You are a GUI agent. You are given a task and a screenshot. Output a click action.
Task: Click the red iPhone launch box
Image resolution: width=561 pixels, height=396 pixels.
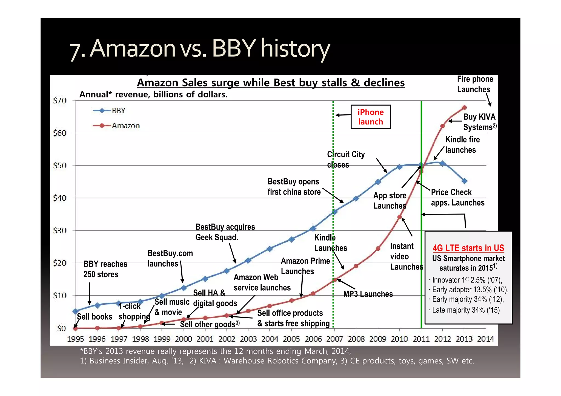pyautogui.click(x=371, y=117)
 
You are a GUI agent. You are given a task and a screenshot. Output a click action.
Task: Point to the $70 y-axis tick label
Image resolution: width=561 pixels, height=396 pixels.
pyautogui.click(x=60, y=101)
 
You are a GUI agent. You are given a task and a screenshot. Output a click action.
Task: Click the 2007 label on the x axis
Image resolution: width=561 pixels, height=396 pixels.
pyautogui.click(x=334, y=339)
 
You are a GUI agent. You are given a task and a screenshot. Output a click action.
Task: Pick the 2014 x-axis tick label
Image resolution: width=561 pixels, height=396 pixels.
pyautogui.click(x=486, y=339)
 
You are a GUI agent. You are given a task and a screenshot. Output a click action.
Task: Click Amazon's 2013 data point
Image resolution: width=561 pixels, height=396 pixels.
pyautogui.click(x=464, y=108)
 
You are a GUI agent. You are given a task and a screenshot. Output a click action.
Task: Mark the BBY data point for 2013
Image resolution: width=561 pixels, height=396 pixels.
pyautogui.click(x=464, y=181)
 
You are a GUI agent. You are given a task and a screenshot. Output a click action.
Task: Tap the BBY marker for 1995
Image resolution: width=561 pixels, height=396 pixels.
pyautogui.click(x=75, y=311)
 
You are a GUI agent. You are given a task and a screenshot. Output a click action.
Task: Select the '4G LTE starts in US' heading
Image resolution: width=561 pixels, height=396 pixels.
pyautogui.click(x=468, y=248)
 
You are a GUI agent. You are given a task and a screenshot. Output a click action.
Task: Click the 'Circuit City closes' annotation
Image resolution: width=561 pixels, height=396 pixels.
pyautogui.click(x=346, y=160)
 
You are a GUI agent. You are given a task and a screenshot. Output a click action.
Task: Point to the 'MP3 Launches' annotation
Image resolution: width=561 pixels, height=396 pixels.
pyautogui.click(x=368, y=294)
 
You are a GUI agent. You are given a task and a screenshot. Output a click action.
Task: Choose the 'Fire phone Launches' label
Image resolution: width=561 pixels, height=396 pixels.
pyautogui.click(x=475, y=84)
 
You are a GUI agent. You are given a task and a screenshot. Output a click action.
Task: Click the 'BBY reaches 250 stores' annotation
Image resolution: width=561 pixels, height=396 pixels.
pyautogui.click(x=105, y=269)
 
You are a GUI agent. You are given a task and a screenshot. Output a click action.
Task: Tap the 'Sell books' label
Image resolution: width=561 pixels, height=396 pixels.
pyautogui.click(x=95, y=317)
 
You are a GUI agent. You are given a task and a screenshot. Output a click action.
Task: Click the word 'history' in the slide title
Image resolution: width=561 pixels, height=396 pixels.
pyautogui.click(x=295, y=49)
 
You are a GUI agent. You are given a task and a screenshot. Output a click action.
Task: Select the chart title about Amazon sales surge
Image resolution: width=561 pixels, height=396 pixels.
pyautogui.click(x=271, y=83)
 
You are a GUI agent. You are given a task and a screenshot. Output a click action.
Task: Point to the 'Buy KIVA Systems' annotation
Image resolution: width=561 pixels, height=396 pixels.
pyautogui.click(x=479, y=122)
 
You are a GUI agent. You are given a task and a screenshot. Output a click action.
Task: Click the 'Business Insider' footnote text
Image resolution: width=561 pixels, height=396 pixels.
pyautogui.click(x=132, y=361)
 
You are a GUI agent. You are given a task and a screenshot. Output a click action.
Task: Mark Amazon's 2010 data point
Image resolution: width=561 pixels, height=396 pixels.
pyautogui.click(x=399, y=217)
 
